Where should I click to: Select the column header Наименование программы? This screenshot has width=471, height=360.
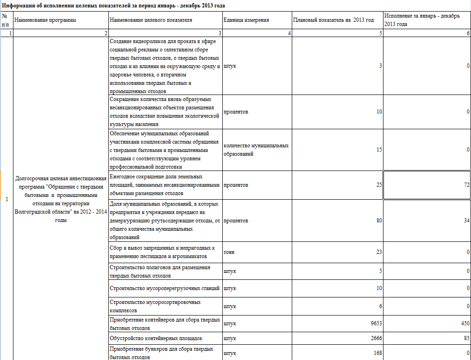point(45,20)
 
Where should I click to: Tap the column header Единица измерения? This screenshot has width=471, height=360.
point(246,20)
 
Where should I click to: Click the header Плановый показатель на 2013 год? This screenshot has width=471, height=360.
point(333,20)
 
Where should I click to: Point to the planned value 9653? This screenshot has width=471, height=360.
point(376,323)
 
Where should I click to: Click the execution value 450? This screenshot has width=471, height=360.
point(465,323)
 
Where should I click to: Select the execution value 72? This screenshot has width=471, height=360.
point(467,185)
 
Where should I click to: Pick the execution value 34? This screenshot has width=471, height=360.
point(466,221)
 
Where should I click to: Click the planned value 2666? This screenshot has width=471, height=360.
point(376,338)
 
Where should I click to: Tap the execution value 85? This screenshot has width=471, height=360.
point(466,338)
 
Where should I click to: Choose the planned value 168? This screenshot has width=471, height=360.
point(377,354)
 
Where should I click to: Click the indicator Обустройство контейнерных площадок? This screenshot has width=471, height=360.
point(156,338)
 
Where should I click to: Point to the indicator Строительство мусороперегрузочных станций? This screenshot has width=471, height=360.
point(164,288)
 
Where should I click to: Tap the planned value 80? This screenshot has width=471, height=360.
point(379,221)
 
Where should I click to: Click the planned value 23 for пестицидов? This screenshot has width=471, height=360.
point(379,252)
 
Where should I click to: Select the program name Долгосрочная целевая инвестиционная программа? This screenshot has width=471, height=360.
point(61,199)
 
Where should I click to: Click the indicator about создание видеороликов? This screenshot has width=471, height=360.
point(164,66)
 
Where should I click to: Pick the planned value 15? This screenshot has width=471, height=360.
point(379,150)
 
